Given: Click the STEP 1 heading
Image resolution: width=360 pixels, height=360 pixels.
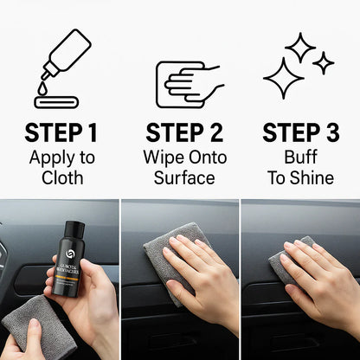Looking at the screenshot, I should click(61, 134).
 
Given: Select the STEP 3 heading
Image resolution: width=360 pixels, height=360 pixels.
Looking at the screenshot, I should click(299, 134).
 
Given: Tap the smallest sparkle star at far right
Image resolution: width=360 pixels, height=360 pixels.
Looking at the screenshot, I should click(324, 62).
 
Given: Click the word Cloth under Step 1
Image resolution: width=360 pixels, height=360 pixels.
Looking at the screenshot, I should click(61, 177).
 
